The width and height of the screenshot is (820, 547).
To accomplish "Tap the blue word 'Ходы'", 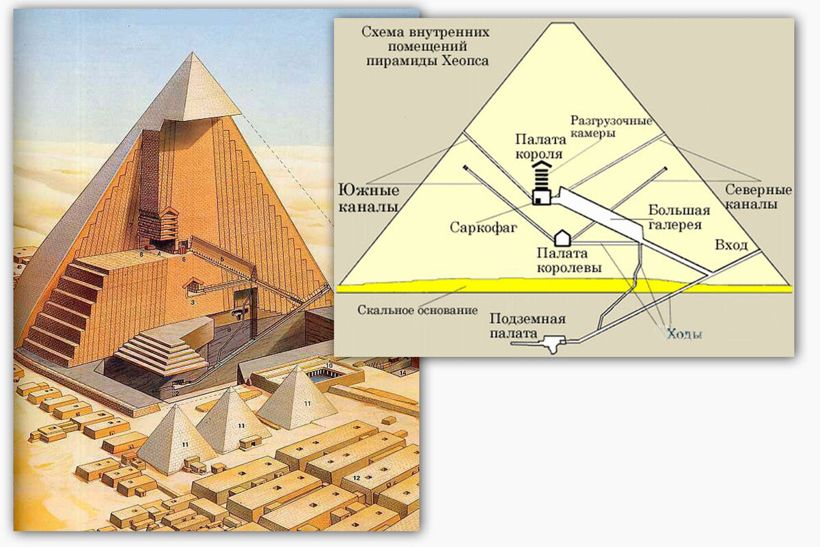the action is point(684,334).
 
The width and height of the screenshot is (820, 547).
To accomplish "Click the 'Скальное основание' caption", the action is point(418,310).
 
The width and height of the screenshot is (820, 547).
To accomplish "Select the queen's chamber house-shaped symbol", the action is point(562,238).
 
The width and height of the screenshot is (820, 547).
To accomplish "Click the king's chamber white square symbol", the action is point(541,198).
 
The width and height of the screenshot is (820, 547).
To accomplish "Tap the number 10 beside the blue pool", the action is point(329,366).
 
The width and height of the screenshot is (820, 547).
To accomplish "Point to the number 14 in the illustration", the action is point(403,373).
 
